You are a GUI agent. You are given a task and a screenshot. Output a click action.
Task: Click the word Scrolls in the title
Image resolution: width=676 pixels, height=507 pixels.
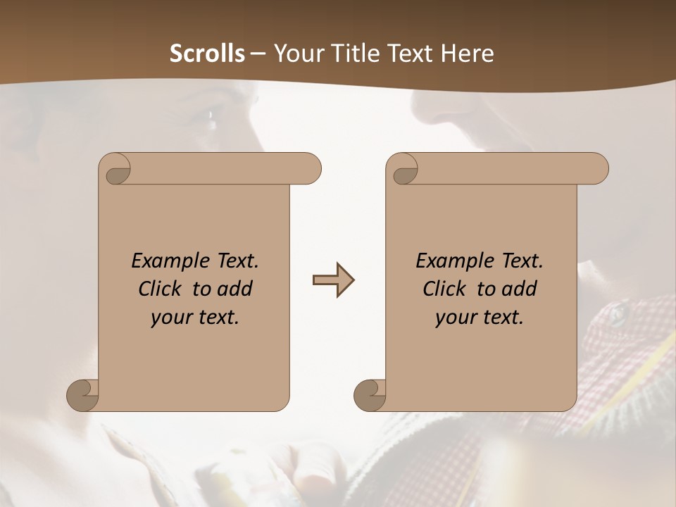tap(207, 54)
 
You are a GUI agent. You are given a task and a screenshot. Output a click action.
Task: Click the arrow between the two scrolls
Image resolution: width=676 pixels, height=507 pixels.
tap(333, 280)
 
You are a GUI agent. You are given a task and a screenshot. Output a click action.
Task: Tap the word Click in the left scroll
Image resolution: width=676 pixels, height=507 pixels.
tap(161, 289)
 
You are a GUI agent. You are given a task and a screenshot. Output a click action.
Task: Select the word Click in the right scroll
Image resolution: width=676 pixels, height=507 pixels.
tap(445, 289)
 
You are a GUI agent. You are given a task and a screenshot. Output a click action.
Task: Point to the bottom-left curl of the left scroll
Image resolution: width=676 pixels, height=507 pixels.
tap(83, 394)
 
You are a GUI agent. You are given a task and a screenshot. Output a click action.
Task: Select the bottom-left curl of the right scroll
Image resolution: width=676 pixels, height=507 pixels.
tap(370, 394)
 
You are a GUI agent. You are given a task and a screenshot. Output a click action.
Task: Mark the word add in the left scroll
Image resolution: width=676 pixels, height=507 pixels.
tap(236, 289)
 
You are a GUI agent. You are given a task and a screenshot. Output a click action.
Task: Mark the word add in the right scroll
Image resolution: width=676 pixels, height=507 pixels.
tap(520, 289)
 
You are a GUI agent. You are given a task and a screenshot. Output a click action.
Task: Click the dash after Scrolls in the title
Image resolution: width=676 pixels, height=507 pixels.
tap(258, 54)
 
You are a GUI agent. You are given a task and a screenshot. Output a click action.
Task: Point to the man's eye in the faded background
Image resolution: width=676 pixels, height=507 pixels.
tap(209, 124)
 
